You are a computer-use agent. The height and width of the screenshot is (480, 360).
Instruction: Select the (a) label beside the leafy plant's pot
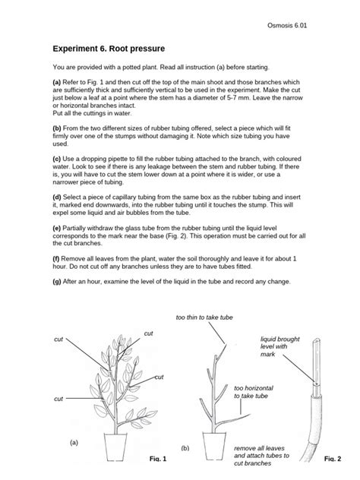pos(74,441)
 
